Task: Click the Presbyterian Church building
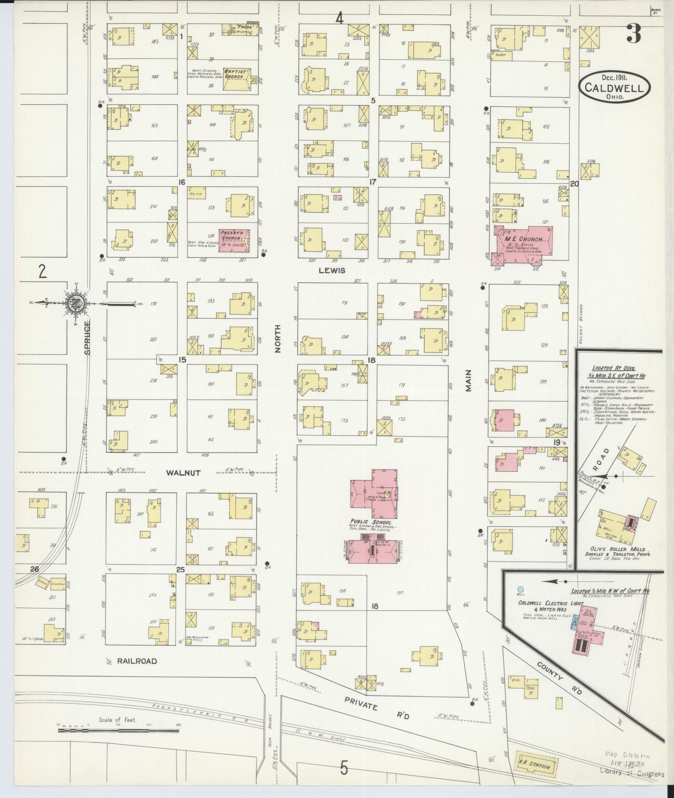click(x=234, y=240)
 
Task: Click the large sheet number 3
click(x=633, y=33)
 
